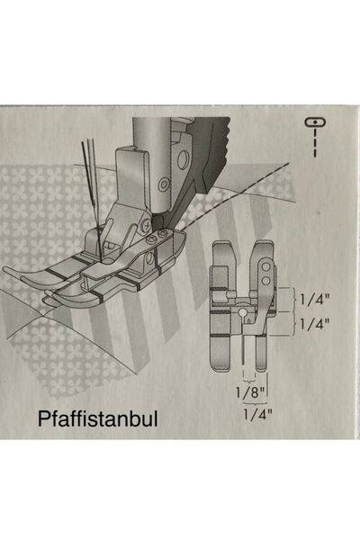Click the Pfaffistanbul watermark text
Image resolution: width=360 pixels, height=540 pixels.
98,418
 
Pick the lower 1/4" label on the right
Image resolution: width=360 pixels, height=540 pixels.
312,321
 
